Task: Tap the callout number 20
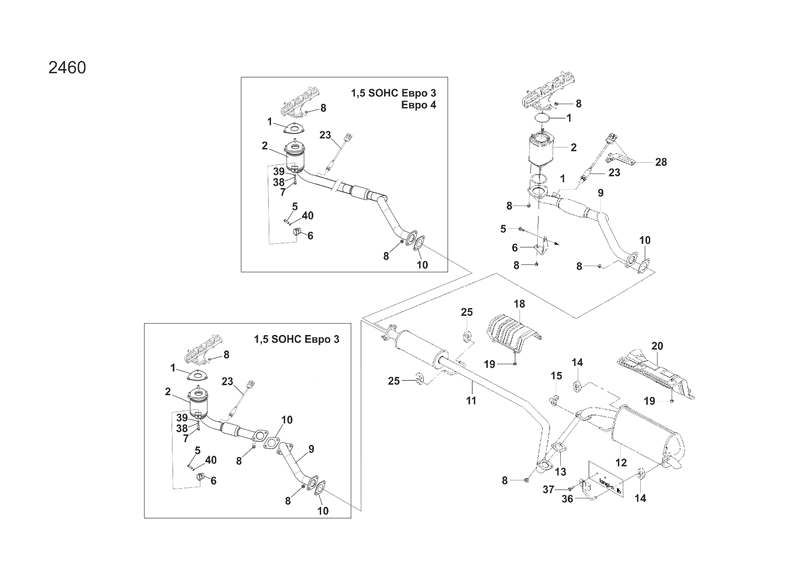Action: click(x=658, y=346)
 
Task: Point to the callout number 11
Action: click(x=470, y=400)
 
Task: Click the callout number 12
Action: click(x=621, y=462)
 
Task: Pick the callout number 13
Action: click(x=560, y=472)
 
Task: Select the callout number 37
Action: click(x=548, y=488)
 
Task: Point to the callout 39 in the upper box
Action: click(x=280, y=172)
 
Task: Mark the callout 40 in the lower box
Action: click(x=212, y=460)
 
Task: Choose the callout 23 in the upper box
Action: click(x=325, y=135)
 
